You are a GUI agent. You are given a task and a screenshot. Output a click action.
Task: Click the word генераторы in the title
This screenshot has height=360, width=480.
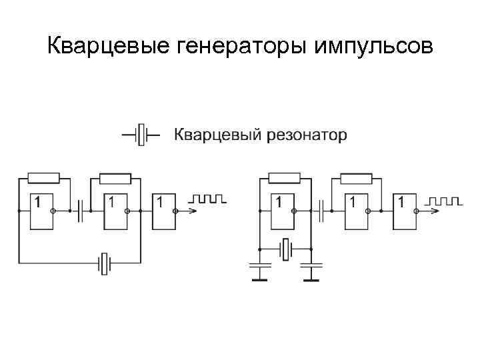point(231,47)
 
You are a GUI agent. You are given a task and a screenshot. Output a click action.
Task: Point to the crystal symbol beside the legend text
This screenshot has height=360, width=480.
point(140,135)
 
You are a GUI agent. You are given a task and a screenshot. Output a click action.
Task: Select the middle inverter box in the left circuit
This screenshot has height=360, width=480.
point(122,211)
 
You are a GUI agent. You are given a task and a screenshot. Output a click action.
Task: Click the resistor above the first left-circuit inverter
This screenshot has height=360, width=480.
point(44,178)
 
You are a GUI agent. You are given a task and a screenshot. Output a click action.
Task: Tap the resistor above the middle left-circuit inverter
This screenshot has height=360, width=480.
point(115,178)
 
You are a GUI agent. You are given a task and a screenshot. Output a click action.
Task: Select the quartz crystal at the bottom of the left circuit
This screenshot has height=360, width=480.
point(104,263)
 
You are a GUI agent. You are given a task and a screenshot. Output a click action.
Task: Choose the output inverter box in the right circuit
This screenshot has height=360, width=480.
point(405,211)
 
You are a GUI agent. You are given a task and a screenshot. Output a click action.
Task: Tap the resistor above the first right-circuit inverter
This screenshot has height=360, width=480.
point(285,178)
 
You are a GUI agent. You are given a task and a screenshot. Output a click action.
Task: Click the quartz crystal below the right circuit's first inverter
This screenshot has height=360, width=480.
point(285,249)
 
